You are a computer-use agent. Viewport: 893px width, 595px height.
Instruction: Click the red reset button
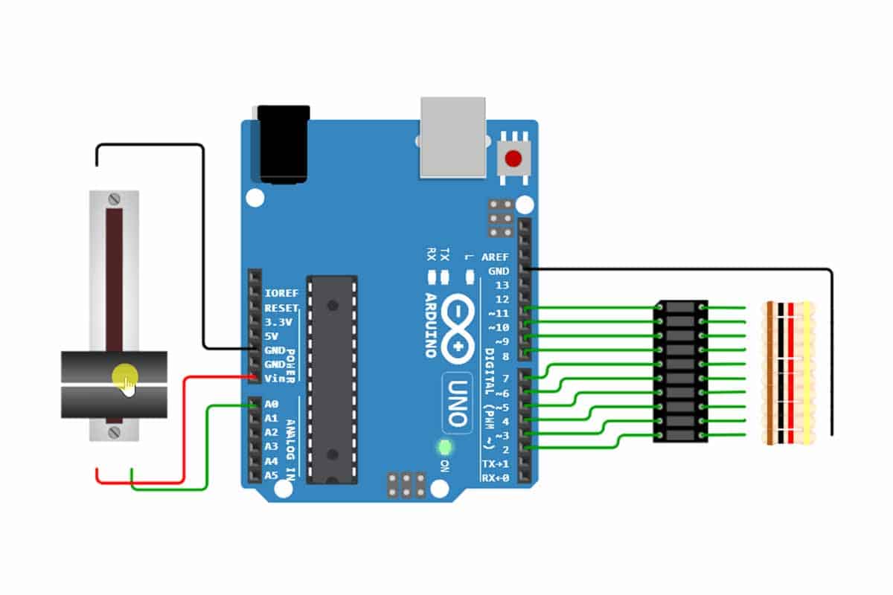513,158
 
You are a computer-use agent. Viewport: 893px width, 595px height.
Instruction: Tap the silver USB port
452,138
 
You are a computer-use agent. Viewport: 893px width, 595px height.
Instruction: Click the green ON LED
446,448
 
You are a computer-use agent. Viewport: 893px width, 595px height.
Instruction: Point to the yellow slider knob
125,376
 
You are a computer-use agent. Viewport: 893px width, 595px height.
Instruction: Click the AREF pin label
495,257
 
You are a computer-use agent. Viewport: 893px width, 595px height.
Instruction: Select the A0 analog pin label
272,405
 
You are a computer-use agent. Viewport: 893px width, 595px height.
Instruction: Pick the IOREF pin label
281,294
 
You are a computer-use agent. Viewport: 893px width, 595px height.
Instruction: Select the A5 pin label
272,475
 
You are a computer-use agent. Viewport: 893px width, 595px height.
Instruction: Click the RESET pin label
281,308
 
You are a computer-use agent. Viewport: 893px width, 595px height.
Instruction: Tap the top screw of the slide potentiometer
114,199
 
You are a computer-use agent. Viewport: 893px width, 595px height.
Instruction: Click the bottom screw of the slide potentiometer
114,432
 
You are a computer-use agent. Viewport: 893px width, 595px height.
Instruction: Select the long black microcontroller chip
332,380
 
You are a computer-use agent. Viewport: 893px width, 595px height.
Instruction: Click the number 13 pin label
502,286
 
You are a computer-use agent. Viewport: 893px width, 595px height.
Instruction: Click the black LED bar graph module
681,371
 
